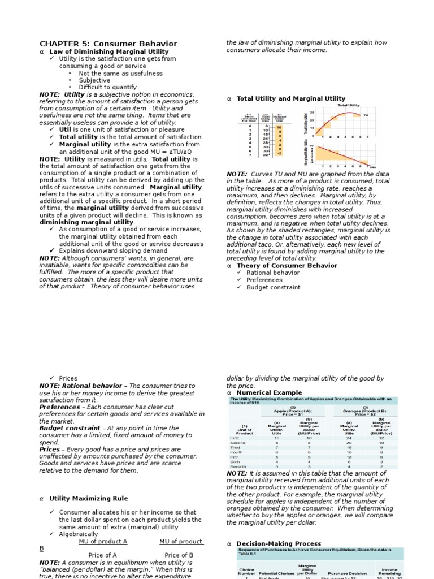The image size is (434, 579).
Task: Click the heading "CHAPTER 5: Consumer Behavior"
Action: (108, 44)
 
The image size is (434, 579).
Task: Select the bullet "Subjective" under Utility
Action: (94, 80)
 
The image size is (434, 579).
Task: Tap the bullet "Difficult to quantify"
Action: (107, 88)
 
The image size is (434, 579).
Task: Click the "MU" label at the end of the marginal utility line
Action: (373, 167)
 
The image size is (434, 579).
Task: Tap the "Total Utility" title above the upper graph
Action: (349, 105)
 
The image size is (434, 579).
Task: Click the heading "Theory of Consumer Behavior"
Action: (287, 266)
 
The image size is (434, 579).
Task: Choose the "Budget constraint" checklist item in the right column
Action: (274, 287)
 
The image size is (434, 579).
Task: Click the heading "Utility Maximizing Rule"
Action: (88, 499)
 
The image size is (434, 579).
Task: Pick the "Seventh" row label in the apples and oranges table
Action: (238, 466)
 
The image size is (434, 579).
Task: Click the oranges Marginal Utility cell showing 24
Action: (349, 438)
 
